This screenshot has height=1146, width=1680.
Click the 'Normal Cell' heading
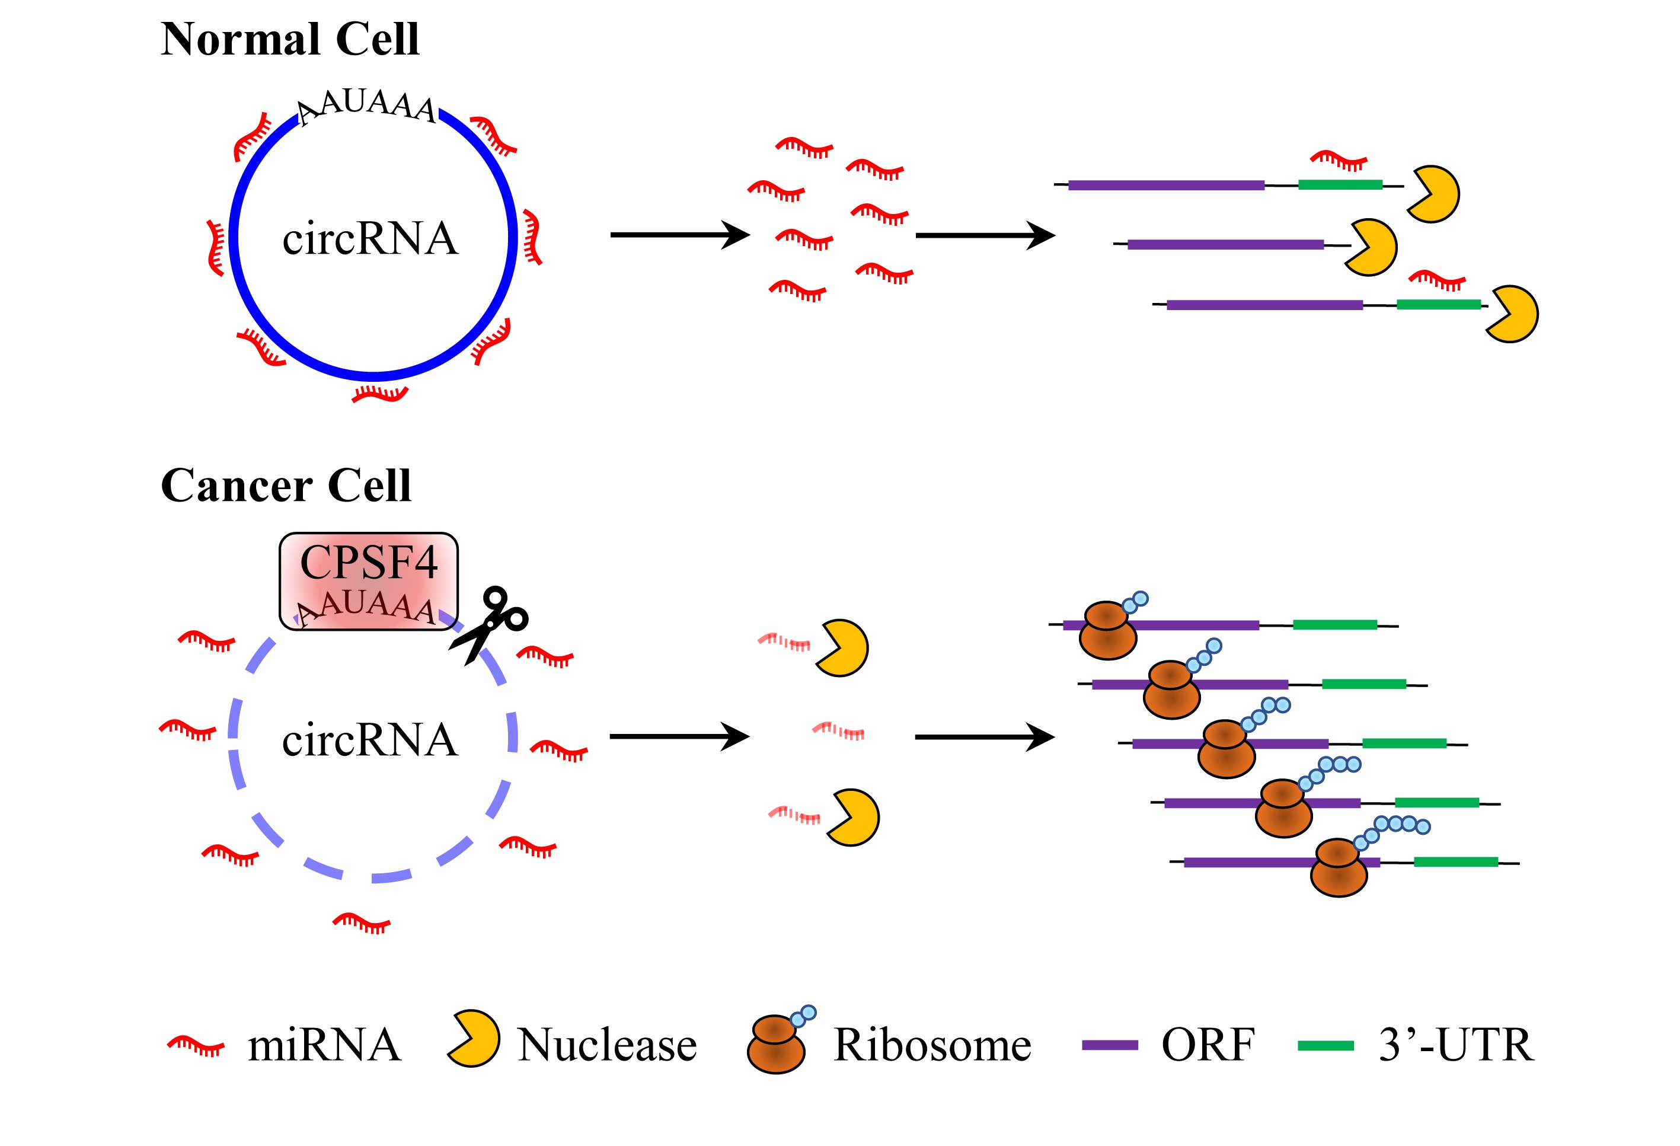pyautogui.click(x=290, y=39)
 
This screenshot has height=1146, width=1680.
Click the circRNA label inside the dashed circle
pyautogui.click(x=370, y=740)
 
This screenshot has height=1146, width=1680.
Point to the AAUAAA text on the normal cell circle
pyautogui.click(x=367, y=107)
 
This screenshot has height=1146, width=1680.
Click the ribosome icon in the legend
pyautogui.click(x=778, y=1043)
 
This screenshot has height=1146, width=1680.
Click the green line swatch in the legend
pyautogui.click(x=1325, y=1045)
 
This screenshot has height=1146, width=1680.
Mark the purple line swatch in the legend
pyautogui.click(x=1110, y=1045)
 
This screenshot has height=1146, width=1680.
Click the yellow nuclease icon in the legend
pyautogui.click(x=474, y=1040)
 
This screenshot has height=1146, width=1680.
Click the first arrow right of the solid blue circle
pyautogui.click(x=679, y=235)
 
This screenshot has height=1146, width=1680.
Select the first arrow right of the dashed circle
pyautogui.click(x=679, y=737)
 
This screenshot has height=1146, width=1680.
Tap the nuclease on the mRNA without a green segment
pyautogui.click(x=1371, y=247)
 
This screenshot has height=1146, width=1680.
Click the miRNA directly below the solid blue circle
pyautogui.click(x=380, y=394)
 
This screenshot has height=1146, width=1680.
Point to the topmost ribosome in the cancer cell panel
pyautogui.click(x=1107, y=630)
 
